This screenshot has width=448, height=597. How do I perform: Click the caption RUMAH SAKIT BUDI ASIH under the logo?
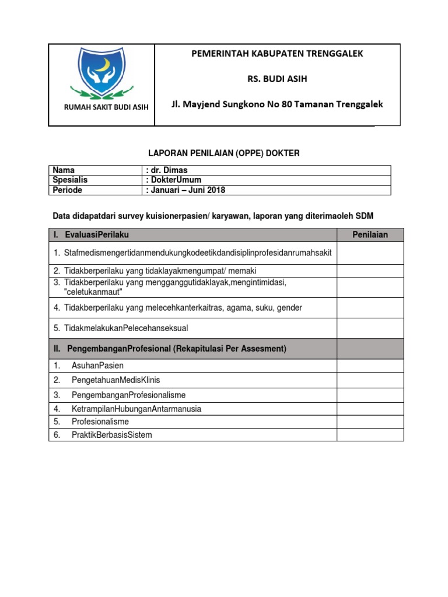click(x=102, y=107)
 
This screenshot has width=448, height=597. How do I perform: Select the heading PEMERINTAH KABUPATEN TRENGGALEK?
click(x=277, y=54)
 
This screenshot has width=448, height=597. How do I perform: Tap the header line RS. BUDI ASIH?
click(x=277, y=79)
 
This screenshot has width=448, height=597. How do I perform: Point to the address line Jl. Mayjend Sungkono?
click(x=277, y=104)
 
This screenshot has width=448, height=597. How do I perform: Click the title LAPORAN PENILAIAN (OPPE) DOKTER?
click(x=221, y=153)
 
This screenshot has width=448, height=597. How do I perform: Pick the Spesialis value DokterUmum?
click(x=176, y=180)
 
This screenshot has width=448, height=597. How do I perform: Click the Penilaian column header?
click(x=370, y=235)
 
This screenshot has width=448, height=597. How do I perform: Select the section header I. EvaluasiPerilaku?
click(x=94, y=235)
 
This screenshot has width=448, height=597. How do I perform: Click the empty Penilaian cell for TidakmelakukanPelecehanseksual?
click(x=370, y=328)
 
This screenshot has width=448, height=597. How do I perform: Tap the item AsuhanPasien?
click(x=97, y=366)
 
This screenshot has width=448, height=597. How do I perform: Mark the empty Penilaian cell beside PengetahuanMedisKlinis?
click(x=370, y=380)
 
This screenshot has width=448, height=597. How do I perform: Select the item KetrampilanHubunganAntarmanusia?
click(x=136, y=409)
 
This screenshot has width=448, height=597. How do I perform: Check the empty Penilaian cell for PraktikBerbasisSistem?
click(x=370, y=434)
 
